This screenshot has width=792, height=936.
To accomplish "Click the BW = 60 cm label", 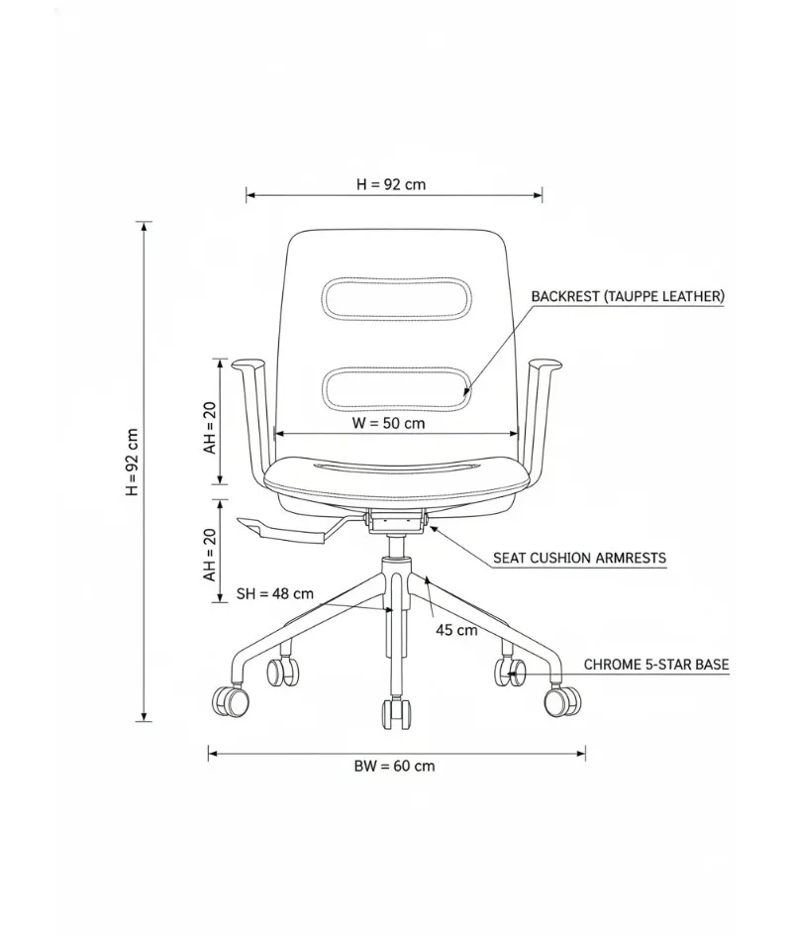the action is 394,766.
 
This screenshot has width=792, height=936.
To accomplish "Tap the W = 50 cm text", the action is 388,423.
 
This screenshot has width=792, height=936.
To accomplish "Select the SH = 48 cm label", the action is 275,593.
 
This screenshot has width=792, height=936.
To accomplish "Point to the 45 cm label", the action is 456,630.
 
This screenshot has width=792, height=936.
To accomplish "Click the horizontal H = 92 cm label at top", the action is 391,184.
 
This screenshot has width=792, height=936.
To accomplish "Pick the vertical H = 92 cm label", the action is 132,462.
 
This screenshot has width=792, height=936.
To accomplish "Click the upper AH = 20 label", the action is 210,428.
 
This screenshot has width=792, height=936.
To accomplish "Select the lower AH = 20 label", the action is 210,555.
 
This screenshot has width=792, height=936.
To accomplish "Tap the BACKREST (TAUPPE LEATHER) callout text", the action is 628,296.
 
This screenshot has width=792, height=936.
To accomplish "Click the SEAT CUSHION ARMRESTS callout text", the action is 579,559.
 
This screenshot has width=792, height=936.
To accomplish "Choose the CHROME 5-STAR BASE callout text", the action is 656,665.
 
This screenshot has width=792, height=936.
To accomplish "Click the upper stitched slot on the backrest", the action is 397,297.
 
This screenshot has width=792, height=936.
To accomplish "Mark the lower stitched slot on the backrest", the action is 397,389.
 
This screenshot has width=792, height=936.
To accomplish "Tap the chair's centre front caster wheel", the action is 397,713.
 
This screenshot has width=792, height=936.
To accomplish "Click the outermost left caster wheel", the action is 231,701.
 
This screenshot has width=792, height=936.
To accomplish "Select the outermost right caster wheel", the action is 562,701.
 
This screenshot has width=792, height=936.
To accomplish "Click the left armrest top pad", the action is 247,364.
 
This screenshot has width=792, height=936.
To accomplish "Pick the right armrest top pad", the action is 545,364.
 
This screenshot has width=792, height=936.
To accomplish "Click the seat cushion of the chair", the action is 397,477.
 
